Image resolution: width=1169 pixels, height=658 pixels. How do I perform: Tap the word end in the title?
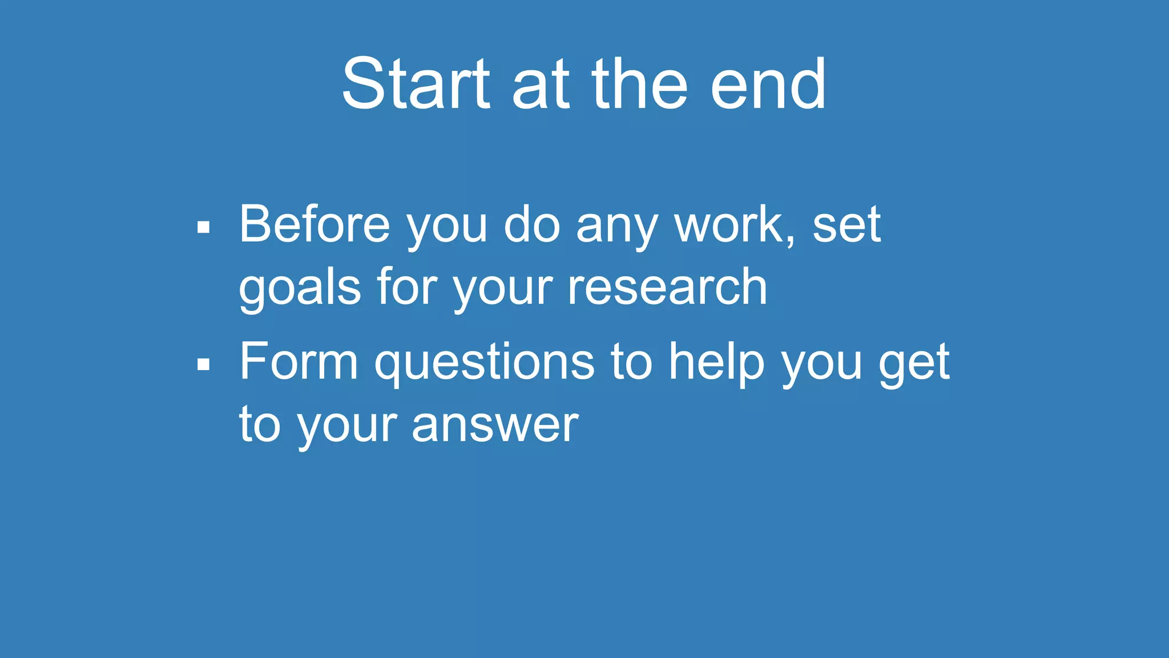[768, 85]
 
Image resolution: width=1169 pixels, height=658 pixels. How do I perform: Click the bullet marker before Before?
[203, 227]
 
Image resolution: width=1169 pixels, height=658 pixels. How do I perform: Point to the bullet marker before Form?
[203, 364]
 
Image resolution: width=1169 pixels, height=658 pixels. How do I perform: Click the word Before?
[315, 224]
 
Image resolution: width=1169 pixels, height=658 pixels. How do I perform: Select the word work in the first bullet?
[729, 224]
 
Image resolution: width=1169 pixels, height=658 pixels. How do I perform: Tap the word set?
[846, 225]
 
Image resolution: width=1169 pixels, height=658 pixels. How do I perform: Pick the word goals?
[300, 288]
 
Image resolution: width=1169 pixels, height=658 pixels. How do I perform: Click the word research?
[667, 287]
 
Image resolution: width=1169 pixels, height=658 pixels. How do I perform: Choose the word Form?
[299, 361]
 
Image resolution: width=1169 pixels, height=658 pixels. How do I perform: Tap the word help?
[716, 362]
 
